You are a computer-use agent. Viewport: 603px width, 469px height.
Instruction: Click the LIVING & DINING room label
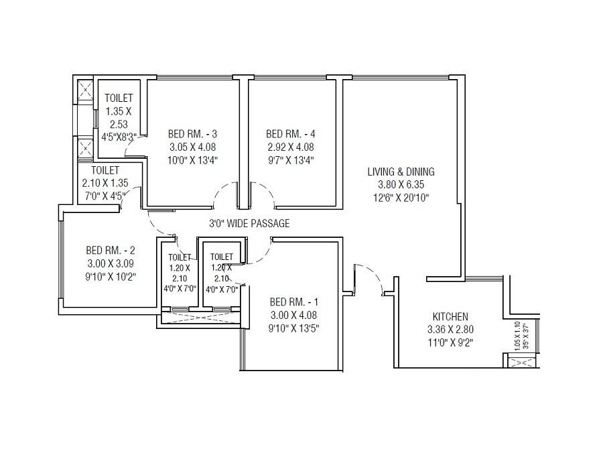coord(401,172)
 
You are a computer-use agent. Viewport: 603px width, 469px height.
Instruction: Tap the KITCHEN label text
coord(450,316)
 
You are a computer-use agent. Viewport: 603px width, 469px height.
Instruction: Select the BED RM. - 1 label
coord(289,301)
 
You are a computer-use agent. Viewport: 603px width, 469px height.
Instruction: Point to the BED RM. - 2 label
coord(111,251)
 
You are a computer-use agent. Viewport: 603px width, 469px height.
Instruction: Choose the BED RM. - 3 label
coord(192,133)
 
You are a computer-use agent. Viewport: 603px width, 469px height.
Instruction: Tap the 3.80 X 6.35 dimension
coord(401,184)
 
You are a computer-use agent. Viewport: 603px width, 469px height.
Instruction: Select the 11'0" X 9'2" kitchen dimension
coord(450,341)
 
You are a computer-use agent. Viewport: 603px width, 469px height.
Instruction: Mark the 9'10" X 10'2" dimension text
coord(111,276)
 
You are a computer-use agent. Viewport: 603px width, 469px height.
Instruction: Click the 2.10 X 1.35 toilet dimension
coord(105,183)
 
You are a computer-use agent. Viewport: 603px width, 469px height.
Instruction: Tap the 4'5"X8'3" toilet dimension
coord(119,137)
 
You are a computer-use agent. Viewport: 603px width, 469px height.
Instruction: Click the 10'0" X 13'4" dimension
coord(192,159)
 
